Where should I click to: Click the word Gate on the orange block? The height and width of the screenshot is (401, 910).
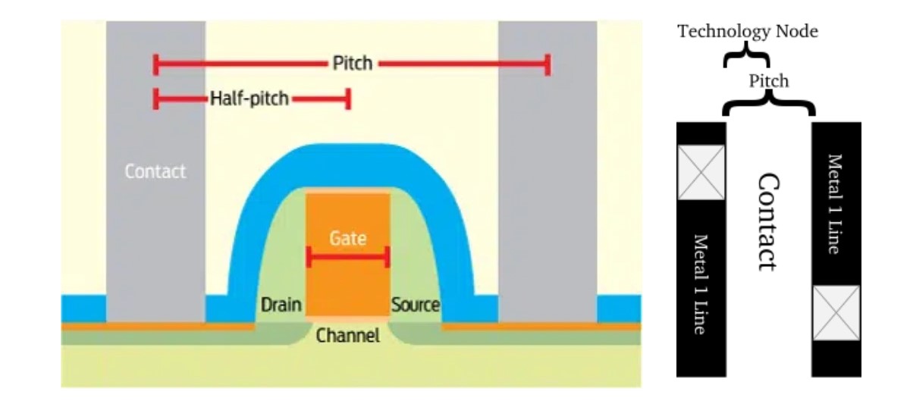(x=348, y=238)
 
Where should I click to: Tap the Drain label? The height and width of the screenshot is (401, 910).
(x=281, y=305)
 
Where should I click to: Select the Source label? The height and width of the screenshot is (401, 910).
(x=415, y=305)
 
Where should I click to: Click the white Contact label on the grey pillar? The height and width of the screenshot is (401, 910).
(x=155, y=171)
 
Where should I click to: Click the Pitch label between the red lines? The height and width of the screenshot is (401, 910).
(x=353, y=63)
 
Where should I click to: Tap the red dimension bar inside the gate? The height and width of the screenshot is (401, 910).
(x=348, y=258)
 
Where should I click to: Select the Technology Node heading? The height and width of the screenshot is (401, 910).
(x=748, y=32)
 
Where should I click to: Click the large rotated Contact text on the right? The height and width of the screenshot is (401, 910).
(x=767, y=221)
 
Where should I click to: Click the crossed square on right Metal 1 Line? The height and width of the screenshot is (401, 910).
(x=836, y=312)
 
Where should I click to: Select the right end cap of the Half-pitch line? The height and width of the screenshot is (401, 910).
(x=347, y=98)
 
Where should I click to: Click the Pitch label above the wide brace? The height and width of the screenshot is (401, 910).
(x=768, y=80)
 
